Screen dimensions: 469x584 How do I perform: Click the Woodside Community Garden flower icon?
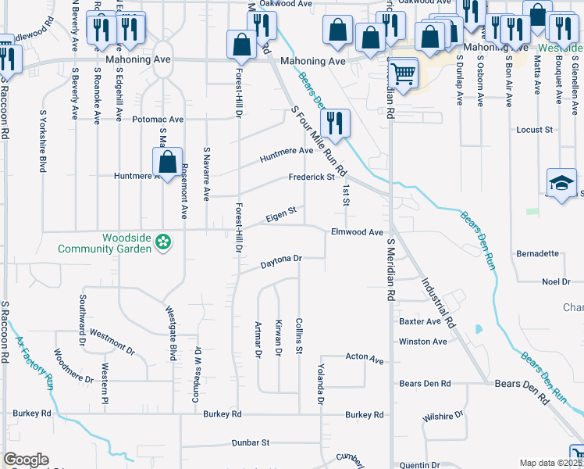tap(163, 243)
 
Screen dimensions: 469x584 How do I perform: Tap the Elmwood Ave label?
tap(357, 232)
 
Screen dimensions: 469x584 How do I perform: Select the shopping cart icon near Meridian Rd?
tap(402, 76)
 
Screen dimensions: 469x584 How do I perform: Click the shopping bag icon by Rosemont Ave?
tap(167, 163)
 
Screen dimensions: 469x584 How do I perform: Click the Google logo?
tap(26, 460)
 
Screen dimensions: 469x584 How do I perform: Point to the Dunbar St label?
tap(250, 442)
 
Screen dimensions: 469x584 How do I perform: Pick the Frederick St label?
tap(311, 177)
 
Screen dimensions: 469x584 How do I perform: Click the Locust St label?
tap(535, 129)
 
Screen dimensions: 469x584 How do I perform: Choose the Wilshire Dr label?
tap(443, 415)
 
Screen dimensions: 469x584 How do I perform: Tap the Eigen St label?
tap(281, 212)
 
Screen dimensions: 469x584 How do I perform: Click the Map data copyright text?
tap(550, 463)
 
